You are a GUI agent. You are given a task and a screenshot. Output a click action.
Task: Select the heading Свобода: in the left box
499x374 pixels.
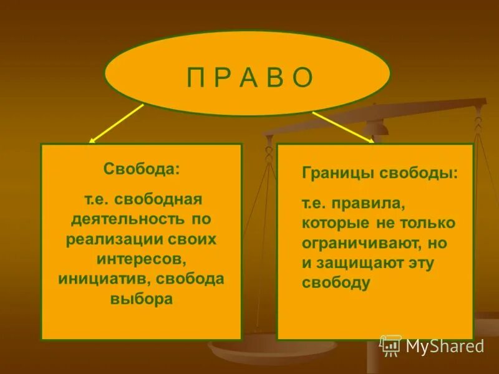141,170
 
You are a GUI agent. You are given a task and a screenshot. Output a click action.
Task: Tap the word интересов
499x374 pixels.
141,259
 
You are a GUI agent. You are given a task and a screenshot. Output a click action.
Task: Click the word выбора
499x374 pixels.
141,299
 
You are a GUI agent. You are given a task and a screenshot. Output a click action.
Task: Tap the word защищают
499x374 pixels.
361,263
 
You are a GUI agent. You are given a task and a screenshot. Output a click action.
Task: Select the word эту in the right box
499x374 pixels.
422,263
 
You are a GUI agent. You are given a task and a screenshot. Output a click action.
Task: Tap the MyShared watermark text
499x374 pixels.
445,346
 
